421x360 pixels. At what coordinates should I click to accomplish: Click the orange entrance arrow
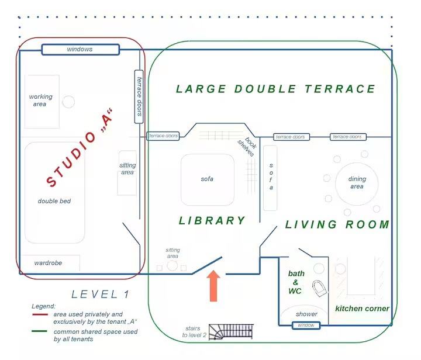click(x=213, y=286)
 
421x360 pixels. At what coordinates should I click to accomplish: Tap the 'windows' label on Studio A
click(x=80, y=49)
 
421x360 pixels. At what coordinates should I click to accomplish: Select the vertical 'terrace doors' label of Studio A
click(x=139, y=96)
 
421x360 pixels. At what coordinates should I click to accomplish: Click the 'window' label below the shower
click(x=306, y=325)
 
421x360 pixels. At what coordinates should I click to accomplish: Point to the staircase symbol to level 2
click(x=231, y=332)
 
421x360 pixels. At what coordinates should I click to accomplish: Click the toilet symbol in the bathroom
click(x=320, y=288)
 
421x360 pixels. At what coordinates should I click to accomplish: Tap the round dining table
click(x=357, y=184)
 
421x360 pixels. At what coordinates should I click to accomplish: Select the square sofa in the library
click(x=208, y=180)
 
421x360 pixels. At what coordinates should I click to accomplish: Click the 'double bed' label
click(x=54, y=201)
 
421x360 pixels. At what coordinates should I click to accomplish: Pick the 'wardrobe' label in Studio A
click(x=48, y=263)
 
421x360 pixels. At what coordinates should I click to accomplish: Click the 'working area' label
click(x=40, y=101)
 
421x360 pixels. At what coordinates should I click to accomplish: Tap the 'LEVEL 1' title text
click(x=101, y=295)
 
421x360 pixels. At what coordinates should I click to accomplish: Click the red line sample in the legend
click(x=40, y=314)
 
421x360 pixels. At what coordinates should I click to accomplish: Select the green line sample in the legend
click(x=40, y=331)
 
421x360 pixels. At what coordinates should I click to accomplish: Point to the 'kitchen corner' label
click(x=362, y=309)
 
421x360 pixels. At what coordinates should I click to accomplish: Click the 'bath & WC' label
click(x=296, y=282)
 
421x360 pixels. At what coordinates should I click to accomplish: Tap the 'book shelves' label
click(x=247, y=146)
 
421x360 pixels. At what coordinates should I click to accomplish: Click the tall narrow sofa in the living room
click(x=270, y=178)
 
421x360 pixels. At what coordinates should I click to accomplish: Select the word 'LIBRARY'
click(x=212, y=221)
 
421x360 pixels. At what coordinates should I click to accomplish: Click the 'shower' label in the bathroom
click(x=306, y=314)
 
